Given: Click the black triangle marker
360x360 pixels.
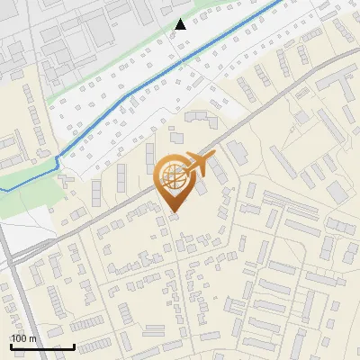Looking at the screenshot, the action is (x=180, y=24).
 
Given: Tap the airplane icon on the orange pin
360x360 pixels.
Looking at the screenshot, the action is (x=197, y=165).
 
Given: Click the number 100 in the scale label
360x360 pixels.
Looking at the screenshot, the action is (x=18, y=338).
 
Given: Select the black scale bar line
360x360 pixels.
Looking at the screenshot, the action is (x=42, y=346).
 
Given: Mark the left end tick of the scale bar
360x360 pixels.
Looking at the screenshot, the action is (x=10, y=345).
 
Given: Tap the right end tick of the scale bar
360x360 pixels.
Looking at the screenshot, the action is (x=75, y=345).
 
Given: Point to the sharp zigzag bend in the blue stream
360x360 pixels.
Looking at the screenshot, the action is (x=58, y=162).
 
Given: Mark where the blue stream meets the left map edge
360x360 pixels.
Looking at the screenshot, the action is (x=2, y=190).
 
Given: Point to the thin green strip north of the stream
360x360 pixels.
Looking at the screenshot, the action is (x=108, y=85).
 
